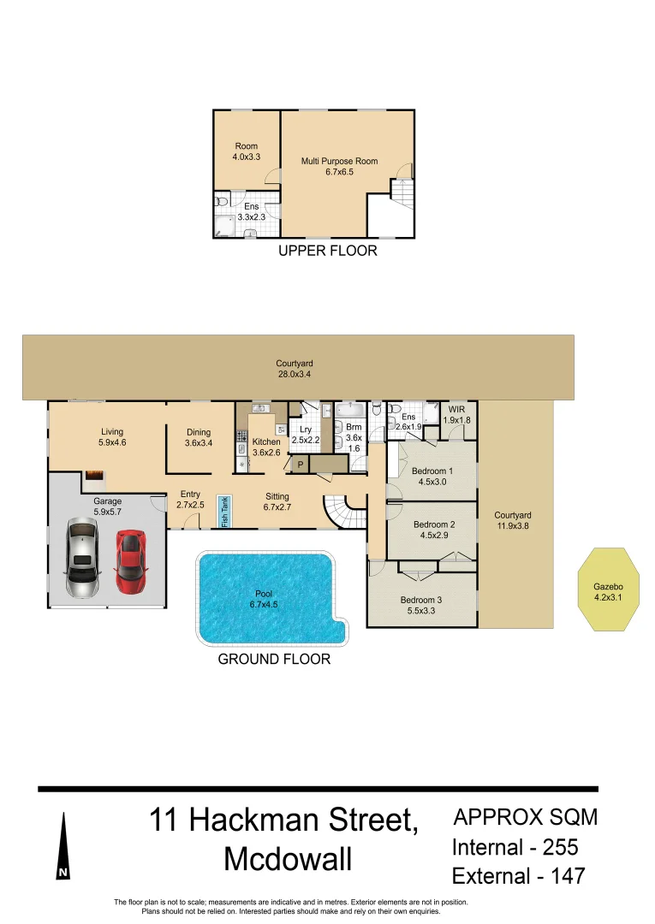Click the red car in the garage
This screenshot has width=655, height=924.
click(x=130, y=562)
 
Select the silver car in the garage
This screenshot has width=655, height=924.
click(x=82, y=557)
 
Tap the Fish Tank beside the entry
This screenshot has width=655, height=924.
click(x=224, y=512)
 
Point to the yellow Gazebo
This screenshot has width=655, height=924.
click(x=609, y=589)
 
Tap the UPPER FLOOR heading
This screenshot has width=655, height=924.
click(x=328, y=251)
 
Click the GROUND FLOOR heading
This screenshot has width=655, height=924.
click(x=274, y=659)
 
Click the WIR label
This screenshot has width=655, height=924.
click(x=457, y=409)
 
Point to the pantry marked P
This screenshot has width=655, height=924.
click(x=300, y=465)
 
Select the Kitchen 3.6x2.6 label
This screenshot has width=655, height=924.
click(x=266, y=447)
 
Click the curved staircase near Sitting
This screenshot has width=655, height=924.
click(x=345, y=511)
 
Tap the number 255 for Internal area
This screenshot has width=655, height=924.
click(x=560, y=847)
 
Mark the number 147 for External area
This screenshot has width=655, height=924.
click(x=568, y=876)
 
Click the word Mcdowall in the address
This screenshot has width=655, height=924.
click(x=288, y=859)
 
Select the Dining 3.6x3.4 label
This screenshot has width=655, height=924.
click(x=199, y=437)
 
